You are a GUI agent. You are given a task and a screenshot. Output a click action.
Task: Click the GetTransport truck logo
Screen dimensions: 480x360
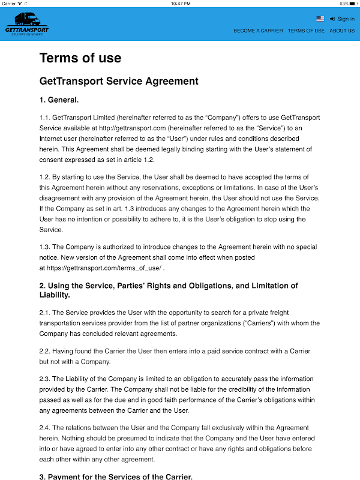[x=26, y=23]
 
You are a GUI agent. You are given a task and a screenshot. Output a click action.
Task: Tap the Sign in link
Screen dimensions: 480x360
[x=342, y=19]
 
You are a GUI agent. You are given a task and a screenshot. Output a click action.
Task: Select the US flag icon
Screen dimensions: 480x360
[x=320, y=19]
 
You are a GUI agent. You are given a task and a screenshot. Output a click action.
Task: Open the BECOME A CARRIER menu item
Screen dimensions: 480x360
[x=258, y=31]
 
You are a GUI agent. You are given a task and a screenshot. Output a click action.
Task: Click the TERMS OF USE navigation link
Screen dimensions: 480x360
[x=306, y=31]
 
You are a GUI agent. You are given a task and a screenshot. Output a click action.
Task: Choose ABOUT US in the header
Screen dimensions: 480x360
[x=342, y=31]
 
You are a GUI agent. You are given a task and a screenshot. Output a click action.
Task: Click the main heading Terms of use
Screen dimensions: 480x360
[x=80, y=58]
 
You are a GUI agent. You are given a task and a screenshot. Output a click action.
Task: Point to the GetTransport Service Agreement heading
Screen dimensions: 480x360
[x=118, y=81]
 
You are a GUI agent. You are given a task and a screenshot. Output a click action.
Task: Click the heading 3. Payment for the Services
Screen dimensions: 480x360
[x=116, y=477]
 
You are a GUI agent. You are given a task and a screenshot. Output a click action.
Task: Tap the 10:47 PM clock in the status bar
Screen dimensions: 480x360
[x=180, y=4]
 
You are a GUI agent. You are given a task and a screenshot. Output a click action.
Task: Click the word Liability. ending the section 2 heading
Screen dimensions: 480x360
[x=58, y=295]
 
